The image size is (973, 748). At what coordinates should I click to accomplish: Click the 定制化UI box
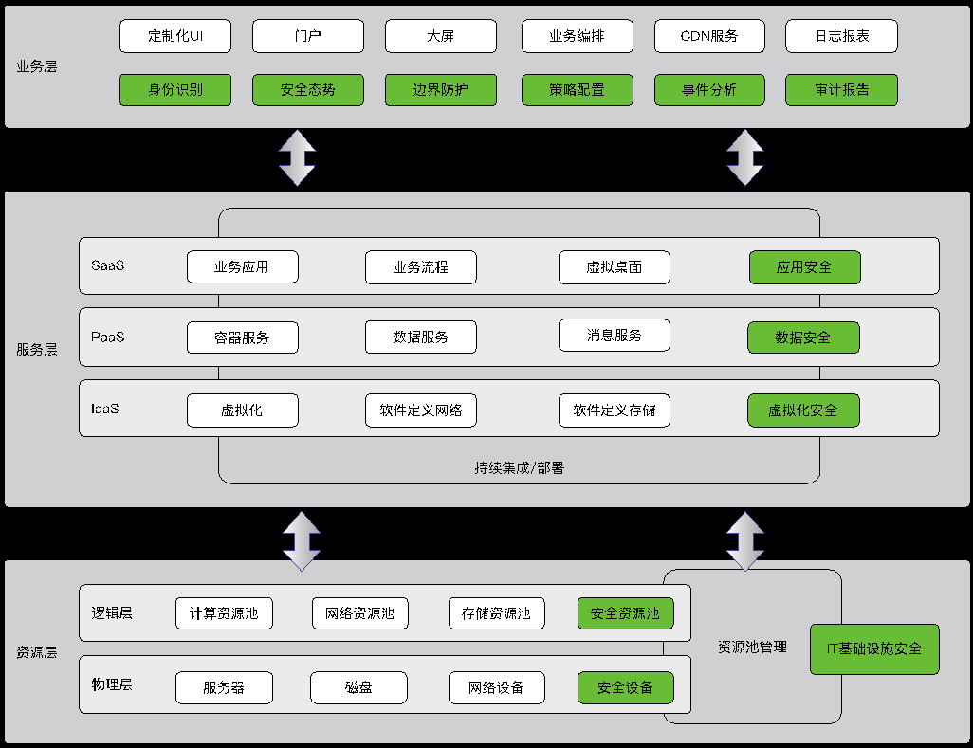click(x=175, y=36)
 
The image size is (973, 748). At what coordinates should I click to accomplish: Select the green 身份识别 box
click(x=175, y=90)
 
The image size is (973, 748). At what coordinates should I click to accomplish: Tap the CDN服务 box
click(x=709, y=36)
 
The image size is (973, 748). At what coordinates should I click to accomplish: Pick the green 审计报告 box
click(x=841, y=90)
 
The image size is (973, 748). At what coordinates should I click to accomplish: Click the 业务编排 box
click(x=577, y=36)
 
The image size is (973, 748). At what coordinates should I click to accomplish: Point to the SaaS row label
click(x=107, y=265)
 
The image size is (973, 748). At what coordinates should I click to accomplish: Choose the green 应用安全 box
click(x=804, y=267)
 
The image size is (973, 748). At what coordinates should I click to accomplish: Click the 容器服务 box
click(x=242, y=338)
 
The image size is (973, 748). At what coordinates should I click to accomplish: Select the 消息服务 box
click(x=614, y=335)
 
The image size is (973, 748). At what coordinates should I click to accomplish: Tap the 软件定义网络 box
click(x=420, y=410)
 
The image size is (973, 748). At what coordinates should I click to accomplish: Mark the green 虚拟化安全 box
click(x=803, y=410)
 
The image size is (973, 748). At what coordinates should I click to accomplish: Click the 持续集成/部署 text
click(x=519, y=467)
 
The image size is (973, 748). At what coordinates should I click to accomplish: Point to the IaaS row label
click(x=104, y=410)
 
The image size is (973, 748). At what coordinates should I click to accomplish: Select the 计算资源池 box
click(x=224, y=613)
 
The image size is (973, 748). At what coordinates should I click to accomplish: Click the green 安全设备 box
click(x=625, y=687)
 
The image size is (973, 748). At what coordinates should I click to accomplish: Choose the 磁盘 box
click(x=358, y=687)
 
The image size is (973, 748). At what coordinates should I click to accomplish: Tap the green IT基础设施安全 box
click(x=874, y=648)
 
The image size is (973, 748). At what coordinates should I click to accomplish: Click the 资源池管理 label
click(x=752, y=647)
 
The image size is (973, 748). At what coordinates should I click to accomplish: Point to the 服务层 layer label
click(x=37, y=349)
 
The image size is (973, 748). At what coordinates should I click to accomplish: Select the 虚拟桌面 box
click(x=614, y=267)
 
